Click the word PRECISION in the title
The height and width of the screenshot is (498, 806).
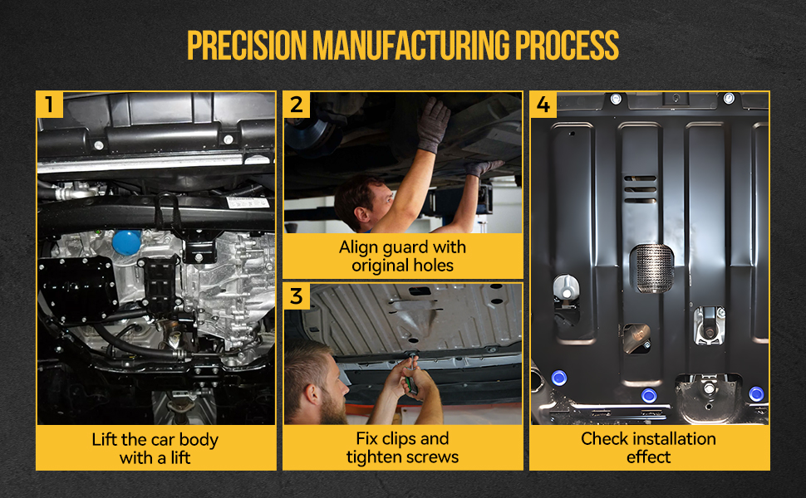click(x=247, y=45)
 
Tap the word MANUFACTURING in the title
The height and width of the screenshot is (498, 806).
click(x=411, y=45)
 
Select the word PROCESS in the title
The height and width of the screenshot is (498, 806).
click(x=567, y=45)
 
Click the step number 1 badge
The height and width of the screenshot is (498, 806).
click(x=50, y=105)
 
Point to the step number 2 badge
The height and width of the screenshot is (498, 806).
click(x=297, y=105)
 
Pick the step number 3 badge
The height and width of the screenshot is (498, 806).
click(x=297, y=296)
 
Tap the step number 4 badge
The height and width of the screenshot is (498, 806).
click(x=543, y=105)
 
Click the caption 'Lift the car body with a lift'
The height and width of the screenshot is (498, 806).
click(x=155, y=448)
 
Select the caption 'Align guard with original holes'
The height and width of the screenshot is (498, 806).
click(x=402, y=256)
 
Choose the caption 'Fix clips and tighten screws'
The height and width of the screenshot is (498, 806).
click(x=402, y=447)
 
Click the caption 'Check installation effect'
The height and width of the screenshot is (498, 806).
click(x=649, y=447)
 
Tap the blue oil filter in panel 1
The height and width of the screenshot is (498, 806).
click(x=126, y=242)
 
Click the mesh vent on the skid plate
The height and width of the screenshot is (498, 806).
click(x=651, y=268)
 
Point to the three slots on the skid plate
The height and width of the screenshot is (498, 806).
click(x=640, y=189)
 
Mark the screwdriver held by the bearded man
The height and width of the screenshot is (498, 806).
click(x=411, y=375)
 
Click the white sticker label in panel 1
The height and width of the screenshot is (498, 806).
click(x=248, y=203)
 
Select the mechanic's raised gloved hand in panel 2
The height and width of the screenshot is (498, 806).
click(x=433, y=124)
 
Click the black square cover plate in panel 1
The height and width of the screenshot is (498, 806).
click(x=77, y=289)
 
